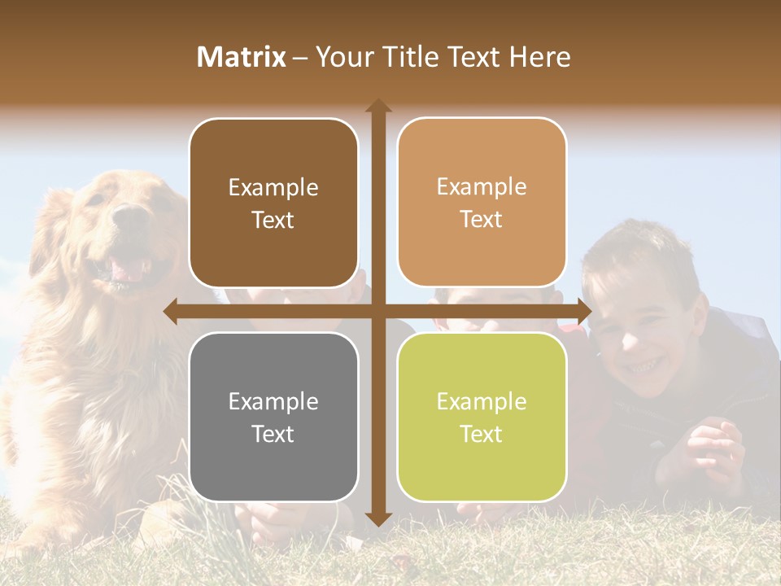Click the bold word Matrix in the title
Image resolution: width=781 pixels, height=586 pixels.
point(242,57)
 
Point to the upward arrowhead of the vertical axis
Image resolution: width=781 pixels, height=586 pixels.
point(377,106)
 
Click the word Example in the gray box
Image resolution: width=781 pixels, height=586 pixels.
point(273,402)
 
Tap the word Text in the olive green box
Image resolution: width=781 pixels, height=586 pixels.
point(482,435)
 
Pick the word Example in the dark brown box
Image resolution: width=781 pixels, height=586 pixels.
point(273,188)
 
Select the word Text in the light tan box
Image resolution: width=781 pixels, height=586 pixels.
point(482,220)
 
